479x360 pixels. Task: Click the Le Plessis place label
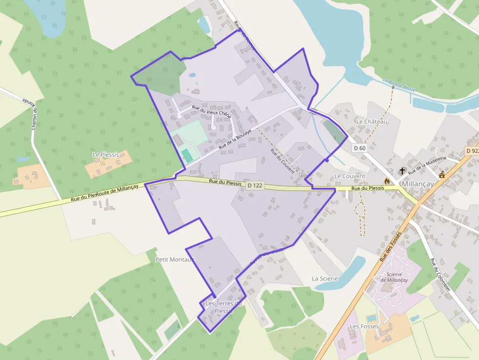click(106, 154)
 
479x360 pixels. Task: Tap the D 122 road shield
click(256, 186)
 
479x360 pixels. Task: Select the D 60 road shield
click(359, 148)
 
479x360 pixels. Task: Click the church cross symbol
click(402, 171)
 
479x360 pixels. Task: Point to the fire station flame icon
click(387, 181)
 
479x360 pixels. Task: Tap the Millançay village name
click(418, 184)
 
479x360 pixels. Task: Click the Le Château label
click(371, 121)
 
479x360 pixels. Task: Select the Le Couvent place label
click(349, 176)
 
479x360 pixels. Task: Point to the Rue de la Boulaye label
click(235, 139)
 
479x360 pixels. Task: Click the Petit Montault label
click(174, 259)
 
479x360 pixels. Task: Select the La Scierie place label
click(325, 278)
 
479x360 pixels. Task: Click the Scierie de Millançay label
click(394, 277)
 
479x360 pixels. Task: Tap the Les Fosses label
click(364, 326)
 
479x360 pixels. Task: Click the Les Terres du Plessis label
click(224, 307)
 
